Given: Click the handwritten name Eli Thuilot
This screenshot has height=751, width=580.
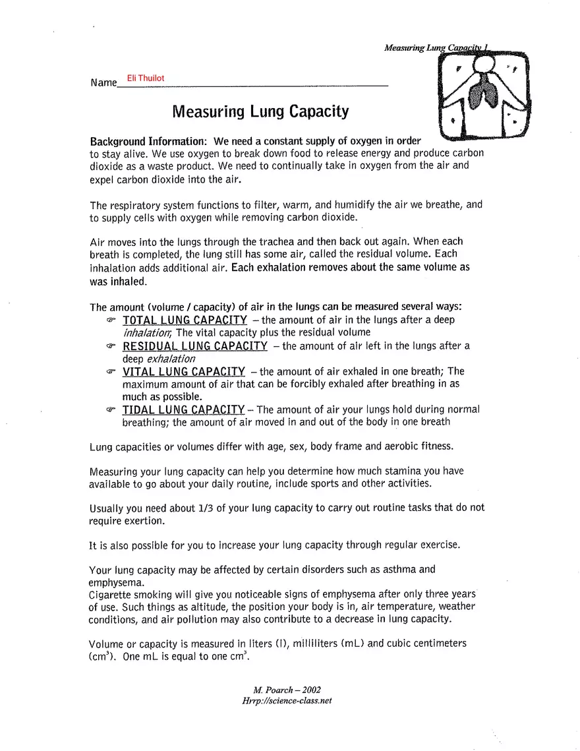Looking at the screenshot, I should click(x=146, y=78).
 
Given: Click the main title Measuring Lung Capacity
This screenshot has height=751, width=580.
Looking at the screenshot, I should click(x=260, y=111).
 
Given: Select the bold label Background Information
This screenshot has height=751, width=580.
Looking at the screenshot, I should click(x=148, y=142).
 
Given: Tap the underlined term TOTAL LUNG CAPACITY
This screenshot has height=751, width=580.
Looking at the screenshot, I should click(x=185, y=320).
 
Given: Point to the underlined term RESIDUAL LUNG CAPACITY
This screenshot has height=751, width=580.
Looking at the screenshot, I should click(x=195, y=346).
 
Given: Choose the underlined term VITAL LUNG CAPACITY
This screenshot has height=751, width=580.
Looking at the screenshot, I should click(x=184, y=372).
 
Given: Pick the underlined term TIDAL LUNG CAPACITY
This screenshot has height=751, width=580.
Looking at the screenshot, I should click(x=184, y=410).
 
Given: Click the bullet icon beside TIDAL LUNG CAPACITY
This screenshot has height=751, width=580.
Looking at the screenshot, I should click(x=111, y=410).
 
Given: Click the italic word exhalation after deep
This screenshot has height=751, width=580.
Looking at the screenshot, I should click(x=171, y=359).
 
